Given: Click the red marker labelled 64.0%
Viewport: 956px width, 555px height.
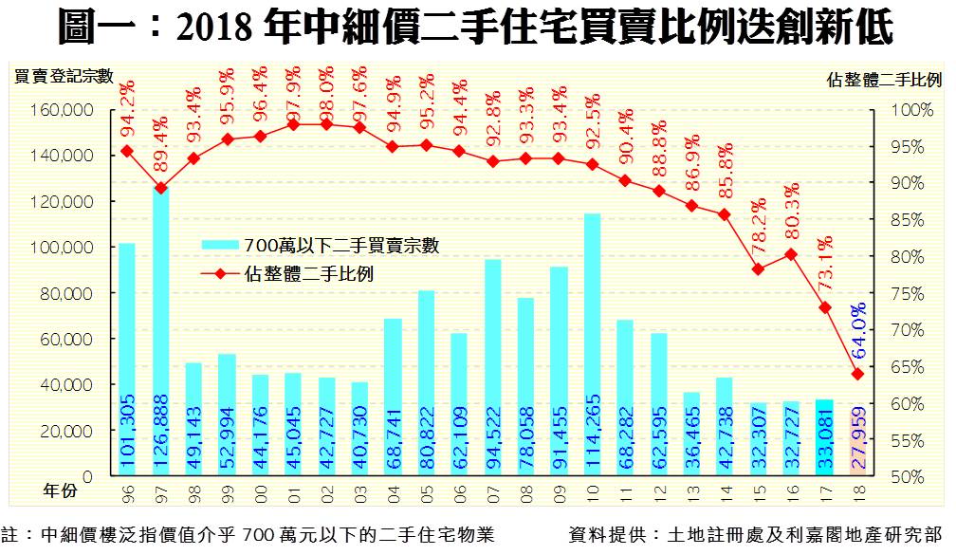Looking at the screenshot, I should point(857,374).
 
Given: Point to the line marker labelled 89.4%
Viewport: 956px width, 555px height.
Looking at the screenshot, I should point(160,188).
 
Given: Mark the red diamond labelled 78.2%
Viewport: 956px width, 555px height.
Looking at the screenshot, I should point(758,269).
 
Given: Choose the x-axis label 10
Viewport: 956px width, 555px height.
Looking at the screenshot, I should point(592,494).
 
